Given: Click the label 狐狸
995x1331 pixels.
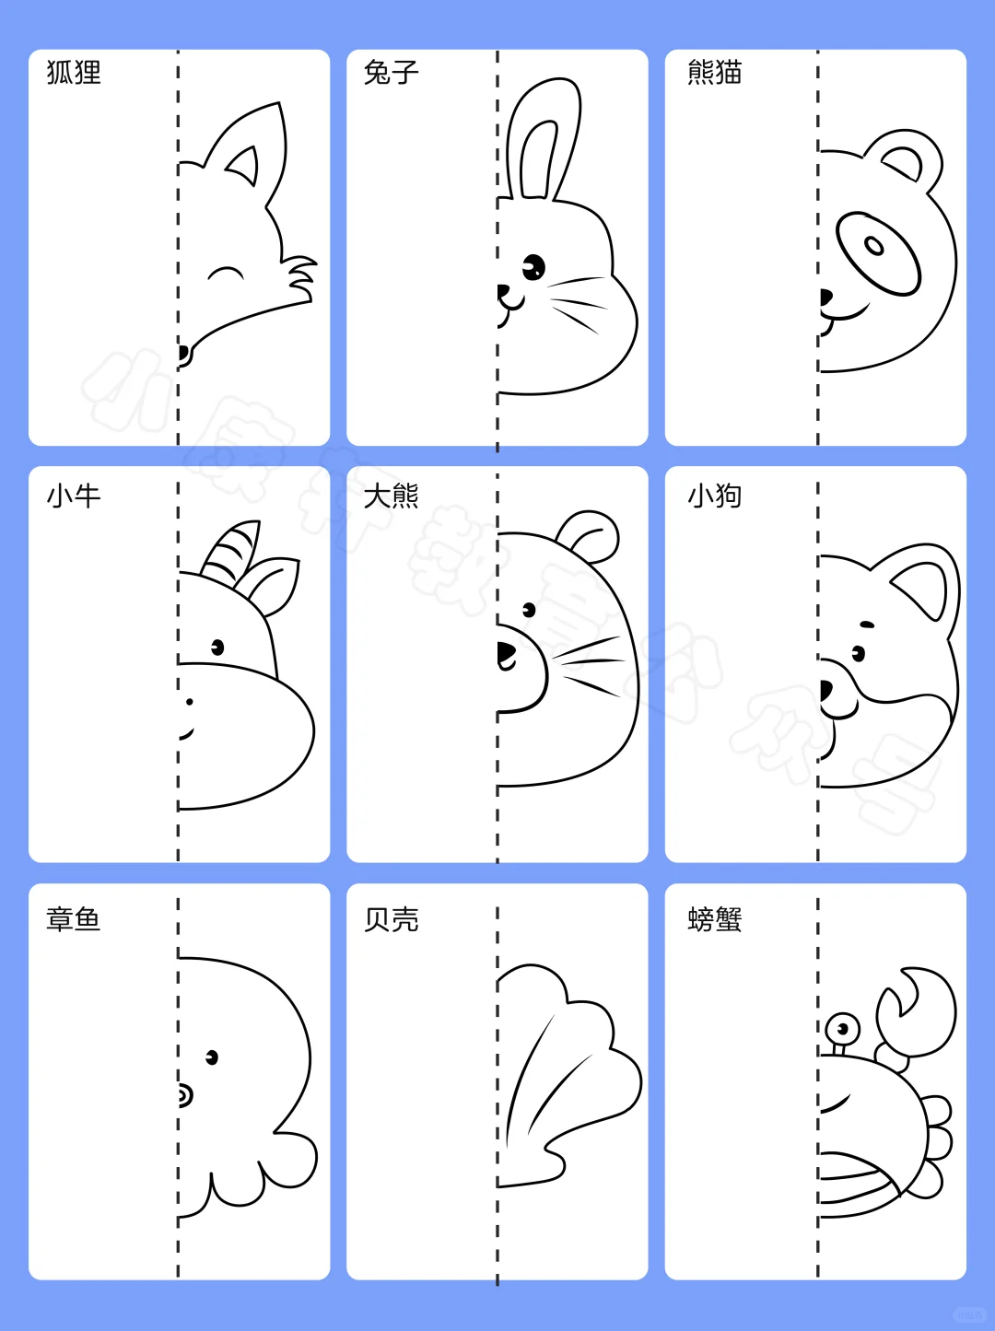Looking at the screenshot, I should coord(74,72).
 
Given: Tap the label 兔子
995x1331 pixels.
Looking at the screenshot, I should coord(392,72).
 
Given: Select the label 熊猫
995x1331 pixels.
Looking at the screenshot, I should coord(715,72).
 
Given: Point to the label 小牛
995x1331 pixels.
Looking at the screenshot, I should coord(74,496).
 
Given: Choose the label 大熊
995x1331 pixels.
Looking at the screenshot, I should coord(392,496).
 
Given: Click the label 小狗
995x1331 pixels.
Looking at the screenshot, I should coord(715,496).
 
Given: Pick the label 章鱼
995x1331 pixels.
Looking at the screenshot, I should coord(74,919).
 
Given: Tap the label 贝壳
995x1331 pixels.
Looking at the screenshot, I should coord(392,919).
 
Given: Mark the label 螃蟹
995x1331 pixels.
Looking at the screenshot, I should coord(715,919).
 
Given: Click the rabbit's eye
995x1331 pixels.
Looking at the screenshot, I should coord(533,268).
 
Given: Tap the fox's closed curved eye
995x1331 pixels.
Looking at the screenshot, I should coord(226,273).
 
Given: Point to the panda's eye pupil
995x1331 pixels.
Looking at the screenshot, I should coord(873,245).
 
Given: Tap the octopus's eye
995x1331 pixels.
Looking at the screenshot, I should coord(212,1057).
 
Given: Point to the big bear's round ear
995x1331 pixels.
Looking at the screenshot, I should coord(590,535).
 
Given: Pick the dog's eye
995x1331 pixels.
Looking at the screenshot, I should coord(859,654).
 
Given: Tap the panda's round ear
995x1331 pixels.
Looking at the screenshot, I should coord(907,158).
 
